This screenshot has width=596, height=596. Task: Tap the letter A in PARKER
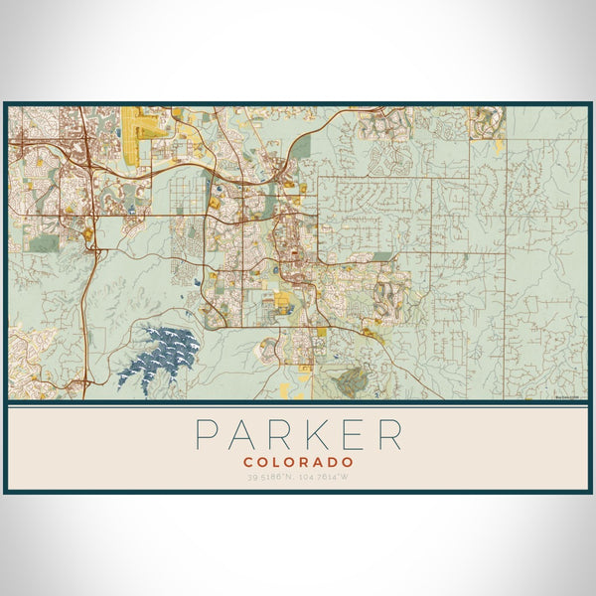(x=243, y=434)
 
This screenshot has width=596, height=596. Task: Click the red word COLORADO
(x=298, y=462)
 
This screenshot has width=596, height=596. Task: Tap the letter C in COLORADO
(x=247, y=462)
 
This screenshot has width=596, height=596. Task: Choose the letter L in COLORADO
(x=276, y=462)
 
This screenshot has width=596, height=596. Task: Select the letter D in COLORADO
(x=335, y=462)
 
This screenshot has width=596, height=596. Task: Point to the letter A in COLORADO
(x=320, y=462)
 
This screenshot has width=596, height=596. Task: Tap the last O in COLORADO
(x=350, y=462)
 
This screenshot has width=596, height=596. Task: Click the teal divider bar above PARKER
(x=298, y=402)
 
